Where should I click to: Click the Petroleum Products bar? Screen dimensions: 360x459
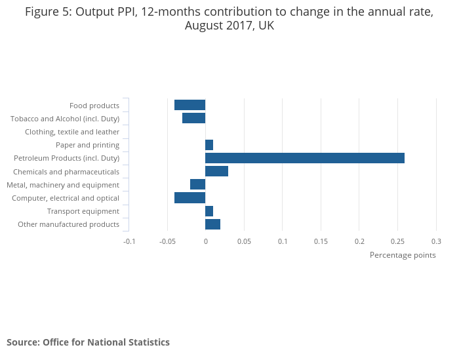[x=305, y=158]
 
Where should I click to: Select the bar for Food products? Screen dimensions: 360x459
[x=190, y=105]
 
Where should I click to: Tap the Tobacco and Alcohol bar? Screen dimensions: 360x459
[x=194, y=118]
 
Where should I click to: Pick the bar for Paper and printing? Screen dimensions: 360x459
[x=209, y=145]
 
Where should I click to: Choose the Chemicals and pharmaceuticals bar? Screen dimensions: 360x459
[x=217, y=171]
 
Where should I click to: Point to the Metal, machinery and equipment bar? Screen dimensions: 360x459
[x=198, y=184]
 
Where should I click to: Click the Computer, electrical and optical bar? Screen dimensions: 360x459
[x=190, y=198]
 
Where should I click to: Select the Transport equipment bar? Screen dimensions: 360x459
[x=209, y=211]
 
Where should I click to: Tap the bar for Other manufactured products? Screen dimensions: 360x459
[x=213, y=224]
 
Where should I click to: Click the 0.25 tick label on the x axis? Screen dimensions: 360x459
[x=397, y=241]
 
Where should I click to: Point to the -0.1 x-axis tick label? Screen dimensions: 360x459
[x=129, y=241]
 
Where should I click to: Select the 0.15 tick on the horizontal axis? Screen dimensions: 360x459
[x=321, y=241]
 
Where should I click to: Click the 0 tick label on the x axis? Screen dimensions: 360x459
[x=205, y=241]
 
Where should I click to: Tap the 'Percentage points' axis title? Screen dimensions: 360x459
[x=403, y=255]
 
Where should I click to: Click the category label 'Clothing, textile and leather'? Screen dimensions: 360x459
[x=72, y=132]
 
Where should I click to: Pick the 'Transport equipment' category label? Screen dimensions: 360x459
[x=83, y=211]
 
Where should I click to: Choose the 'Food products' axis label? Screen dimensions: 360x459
[x=94, y=106]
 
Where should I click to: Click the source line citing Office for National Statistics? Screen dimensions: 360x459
[x=88, y=342]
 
